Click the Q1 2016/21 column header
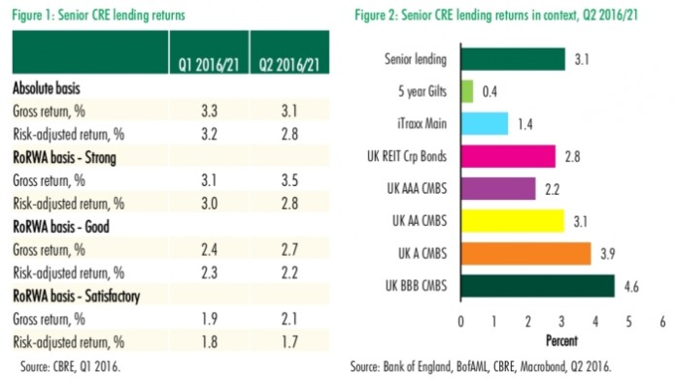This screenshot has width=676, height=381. coord(207,66)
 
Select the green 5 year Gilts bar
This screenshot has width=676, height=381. coord(466,91)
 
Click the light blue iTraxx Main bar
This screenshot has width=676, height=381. coord(484,123)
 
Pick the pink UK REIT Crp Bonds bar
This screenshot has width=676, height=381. coord(507,156)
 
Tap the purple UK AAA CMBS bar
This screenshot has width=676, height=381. coord(497,188)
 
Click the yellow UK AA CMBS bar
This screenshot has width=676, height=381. coord(512,220)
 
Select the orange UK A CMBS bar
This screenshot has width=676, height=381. coord(525,253)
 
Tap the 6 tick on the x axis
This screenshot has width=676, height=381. coord(662,321)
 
